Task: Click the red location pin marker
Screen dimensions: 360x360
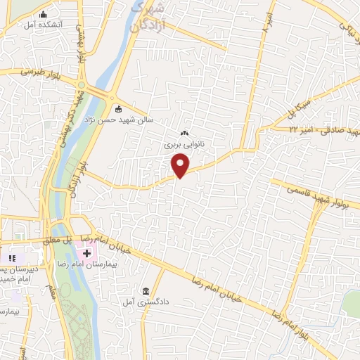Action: coord(181,165)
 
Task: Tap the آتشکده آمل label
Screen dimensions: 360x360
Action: coord(43,25)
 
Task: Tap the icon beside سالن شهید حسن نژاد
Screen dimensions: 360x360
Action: coord(118,109)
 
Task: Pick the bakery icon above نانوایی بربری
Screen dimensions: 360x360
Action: coord(185,133)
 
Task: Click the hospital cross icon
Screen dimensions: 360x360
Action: coord(86,252)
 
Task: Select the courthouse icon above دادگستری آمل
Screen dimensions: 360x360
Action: coord(146,291)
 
